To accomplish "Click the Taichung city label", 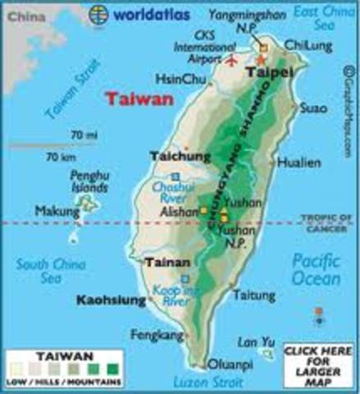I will point(175,155).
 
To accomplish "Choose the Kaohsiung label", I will point(111,300).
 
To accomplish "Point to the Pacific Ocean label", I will point(317,270).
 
